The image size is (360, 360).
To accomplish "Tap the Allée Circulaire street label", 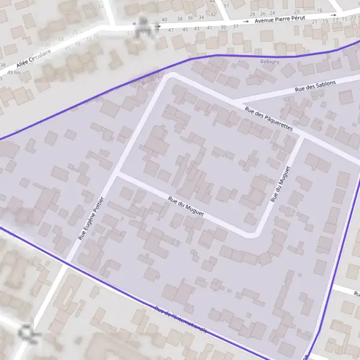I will coord(34,57).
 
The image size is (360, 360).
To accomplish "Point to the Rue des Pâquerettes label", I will coord(268,119).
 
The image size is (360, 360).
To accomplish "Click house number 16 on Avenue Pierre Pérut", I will coord(319,10).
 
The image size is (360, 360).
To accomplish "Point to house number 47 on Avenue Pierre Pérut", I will coord(171,30).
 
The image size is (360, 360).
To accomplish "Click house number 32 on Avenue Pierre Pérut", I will coord(212,14).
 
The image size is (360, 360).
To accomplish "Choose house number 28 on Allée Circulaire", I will coord(75,32).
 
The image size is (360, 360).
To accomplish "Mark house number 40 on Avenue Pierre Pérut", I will coord(164,20).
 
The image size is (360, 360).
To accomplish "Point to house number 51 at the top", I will coord(226,5).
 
